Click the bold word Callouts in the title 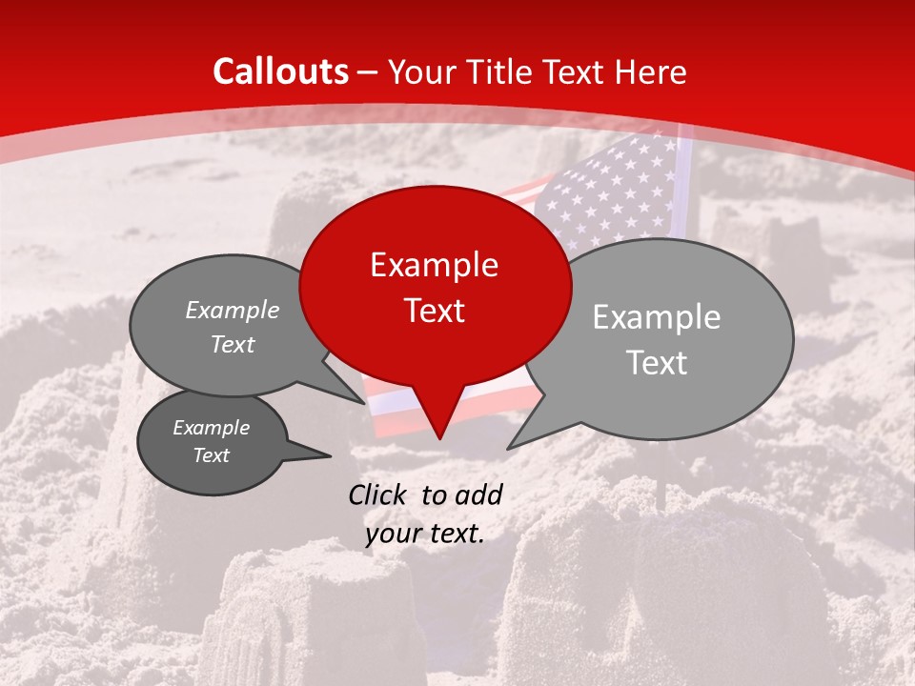click(x=281, y=71)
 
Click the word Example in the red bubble click(x=434, y=265)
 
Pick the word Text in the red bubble click(x=434, y=311)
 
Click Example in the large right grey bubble click(x=657, y=317)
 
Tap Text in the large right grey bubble click(x=657, y=363)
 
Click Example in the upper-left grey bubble click(x=233, y=310)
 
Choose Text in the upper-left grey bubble click(x=233, y=344)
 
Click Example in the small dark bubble click(x=212, y=428)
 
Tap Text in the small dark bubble click(x=212, y=455)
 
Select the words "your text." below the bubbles click(x=425, y=534)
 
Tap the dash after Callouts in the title click(x=368, y=72)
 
